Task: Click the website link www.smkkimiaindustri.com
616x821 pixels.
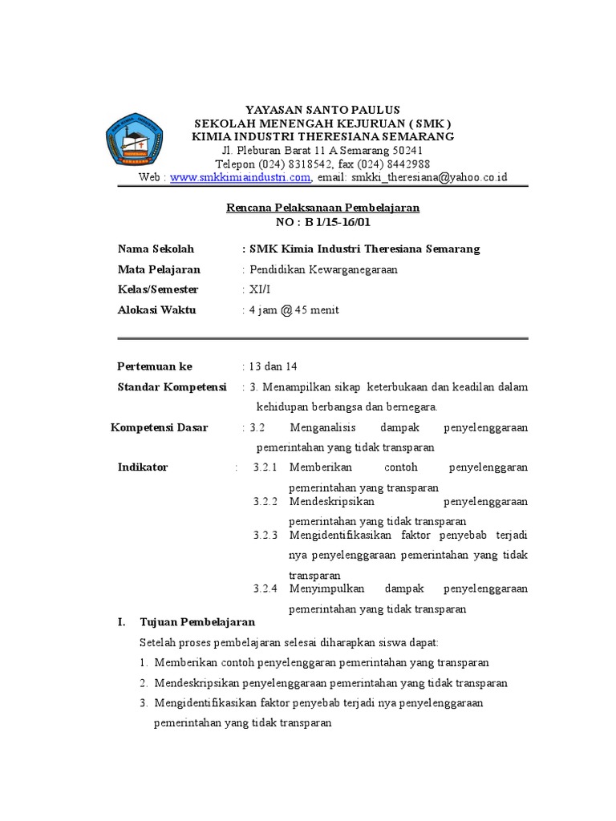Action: point(240,177)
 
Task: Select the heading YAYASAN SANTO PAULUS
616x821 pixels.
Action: point(322,109)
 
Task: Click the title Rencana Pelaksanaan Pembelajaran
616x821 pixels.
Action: point(322,207)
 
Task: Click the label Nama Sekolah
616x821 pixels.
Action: point(156,249)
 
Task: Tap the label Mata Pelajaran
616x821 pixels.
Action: point(159,269)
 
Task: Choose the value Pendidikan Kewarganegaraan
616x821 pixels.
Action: point(323,269)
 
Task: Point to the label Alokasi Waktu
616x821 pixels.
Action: point(156,310)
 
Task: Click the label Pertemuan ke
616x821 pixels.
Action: point(155,366)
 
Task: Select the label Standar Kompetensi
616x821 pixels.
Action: point(172,387)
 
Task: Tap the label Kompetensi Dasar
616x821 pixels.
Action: point(159,427)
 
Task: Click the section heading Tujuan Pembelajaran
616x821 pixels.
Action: point(197,621)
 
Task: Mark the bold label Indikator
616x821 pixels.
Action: point(143,467)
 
